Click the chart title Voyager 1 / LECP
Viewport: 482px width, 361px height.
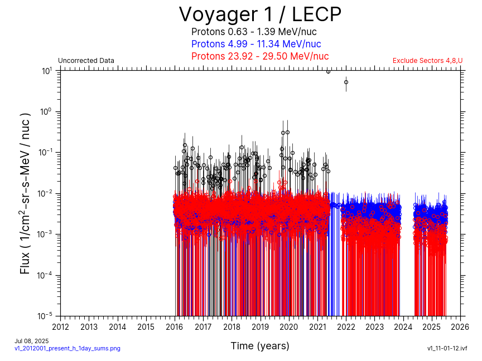(x=260, y=14)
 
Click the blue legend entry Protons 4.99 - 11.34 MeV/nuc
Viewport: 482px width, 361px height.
(x=256, y=44)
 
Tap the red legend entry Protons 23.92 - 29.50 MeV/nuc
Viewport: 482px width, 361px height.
(x=260, y=56)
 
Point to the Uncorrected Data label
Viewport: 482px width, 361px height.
(x=86, y=61)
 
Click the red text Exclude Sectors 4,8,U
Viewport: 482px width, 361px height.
(x=427, y=61)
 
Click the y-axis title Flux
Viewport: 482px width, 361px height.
(x=25, y=193)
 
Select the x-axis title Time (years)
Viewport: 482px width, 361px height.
(x=260, y=346)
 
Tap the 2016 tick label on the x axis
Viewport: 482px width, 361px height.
(x=175, y=326)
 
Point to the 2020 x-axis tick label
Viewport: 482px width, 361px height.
(x=289, y=326)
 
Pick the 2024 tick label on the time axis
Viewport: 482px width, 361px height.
(x=403, y=326)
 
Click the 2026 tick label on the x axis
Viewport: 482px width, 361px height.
(x=460, y=326)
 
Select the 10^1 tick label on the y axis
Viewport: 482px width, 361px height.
(x=47, y=71)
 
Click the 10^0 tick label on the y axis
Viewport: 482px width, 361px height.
(x=47, y=111)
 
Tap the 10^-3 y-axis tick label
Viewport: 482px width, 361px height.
(x=46, y=234)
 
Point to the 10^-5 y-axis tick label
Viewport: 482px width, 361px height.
(x=46, y=316)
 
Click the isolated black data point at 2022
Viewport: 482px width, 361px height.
(x=346, y=82)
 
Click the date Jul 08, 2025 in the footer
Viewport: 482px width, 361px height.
(x=31, y=341)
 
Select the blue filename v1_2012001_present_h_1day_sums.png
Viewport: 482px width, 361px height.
(x=67, y=348)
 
